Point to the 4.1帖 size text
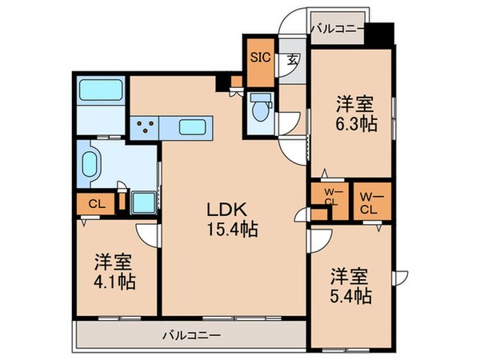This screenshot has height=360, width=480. (x=114, y=282)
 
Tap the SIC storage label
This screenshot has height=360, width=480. (x=259, y=58)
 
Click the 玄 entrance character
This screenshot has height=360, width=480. (x=293, y=58)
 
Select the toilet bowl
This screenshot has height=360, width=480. (x=260, y=107)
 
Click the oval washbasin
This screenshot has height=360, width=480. (x=90, y=164)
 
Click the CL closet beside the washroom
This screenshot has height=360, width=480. (x=94, y=203)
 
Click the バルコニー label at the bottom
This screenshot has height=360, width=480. (x=190, y=334)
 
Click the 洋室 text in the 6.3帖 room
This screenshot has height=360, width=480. (x=353, y=104)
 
